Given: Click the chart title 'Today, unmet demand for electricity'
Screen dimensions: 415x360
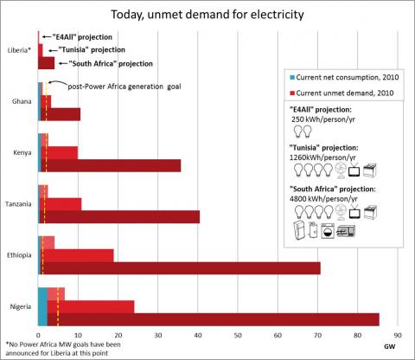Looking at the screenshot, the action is [207, 15].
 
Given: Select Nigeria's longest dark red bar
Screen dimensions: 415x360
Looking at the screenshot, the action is [214, 319].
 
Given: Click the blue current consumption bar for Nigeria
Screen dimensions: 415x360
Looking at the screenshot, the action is [42, 307].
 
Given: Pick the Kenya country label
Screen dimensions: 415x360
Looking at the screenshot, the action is [22, 152].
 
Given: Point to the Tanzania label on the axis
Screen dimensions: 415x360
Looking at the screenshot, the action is [18, 204].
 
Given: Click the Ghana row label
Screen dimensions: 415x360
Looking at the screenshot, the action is [22, 101].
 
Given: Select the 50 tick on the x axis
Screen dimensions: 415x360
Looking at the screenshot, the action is [238, 335].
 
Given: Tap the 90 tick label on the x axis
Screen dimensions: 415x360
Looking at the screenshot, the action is [398, 335].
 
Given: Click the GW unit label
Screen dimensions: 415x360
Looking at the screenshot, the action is [390, 346].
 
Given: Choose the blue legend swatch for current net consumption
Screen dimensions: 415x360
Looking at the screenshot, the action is [292, 77].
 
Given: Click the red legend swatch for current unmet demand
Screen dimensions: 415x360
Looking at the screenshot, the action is [292, 93].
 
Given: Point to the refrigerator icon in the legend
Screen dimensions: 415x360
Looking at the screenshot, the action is [299, 230].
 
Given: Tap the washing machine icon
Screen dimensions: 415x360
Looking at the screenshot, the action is [329, 230].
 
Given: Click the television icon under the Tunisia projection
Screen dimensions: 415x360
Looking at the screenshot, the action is [354, 170].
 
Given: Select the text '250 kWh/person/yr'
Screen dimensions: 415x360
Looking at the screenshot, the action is [323, 119].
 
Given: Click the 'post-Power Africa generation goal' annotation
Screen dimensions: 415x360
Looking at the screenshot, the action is [124, 87].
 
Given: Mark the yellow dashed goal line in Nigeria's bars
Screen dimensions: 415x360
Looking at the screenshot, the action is [58, 307].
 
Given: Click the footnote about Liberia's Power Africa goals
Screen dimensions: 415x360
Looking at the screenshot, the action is [63, 349].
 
